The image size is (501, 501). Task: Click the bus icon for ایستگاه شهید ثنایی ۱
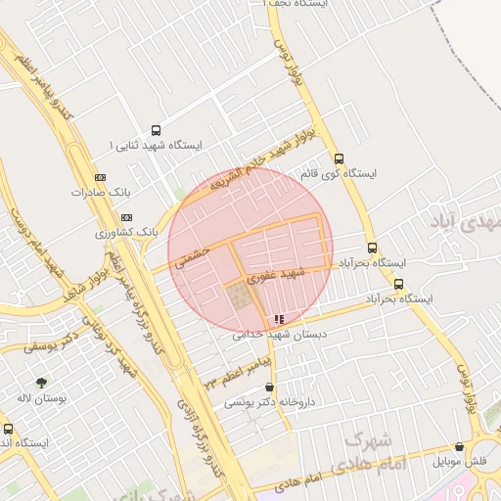157,130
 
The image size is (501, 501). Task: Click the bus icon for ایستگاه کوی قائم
340,159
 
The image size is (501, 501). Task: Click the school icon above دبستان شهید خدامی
280,319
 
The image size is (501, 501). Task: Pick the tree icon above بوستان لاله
41,383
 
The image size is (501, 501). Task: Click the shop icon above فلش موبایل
459,446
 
